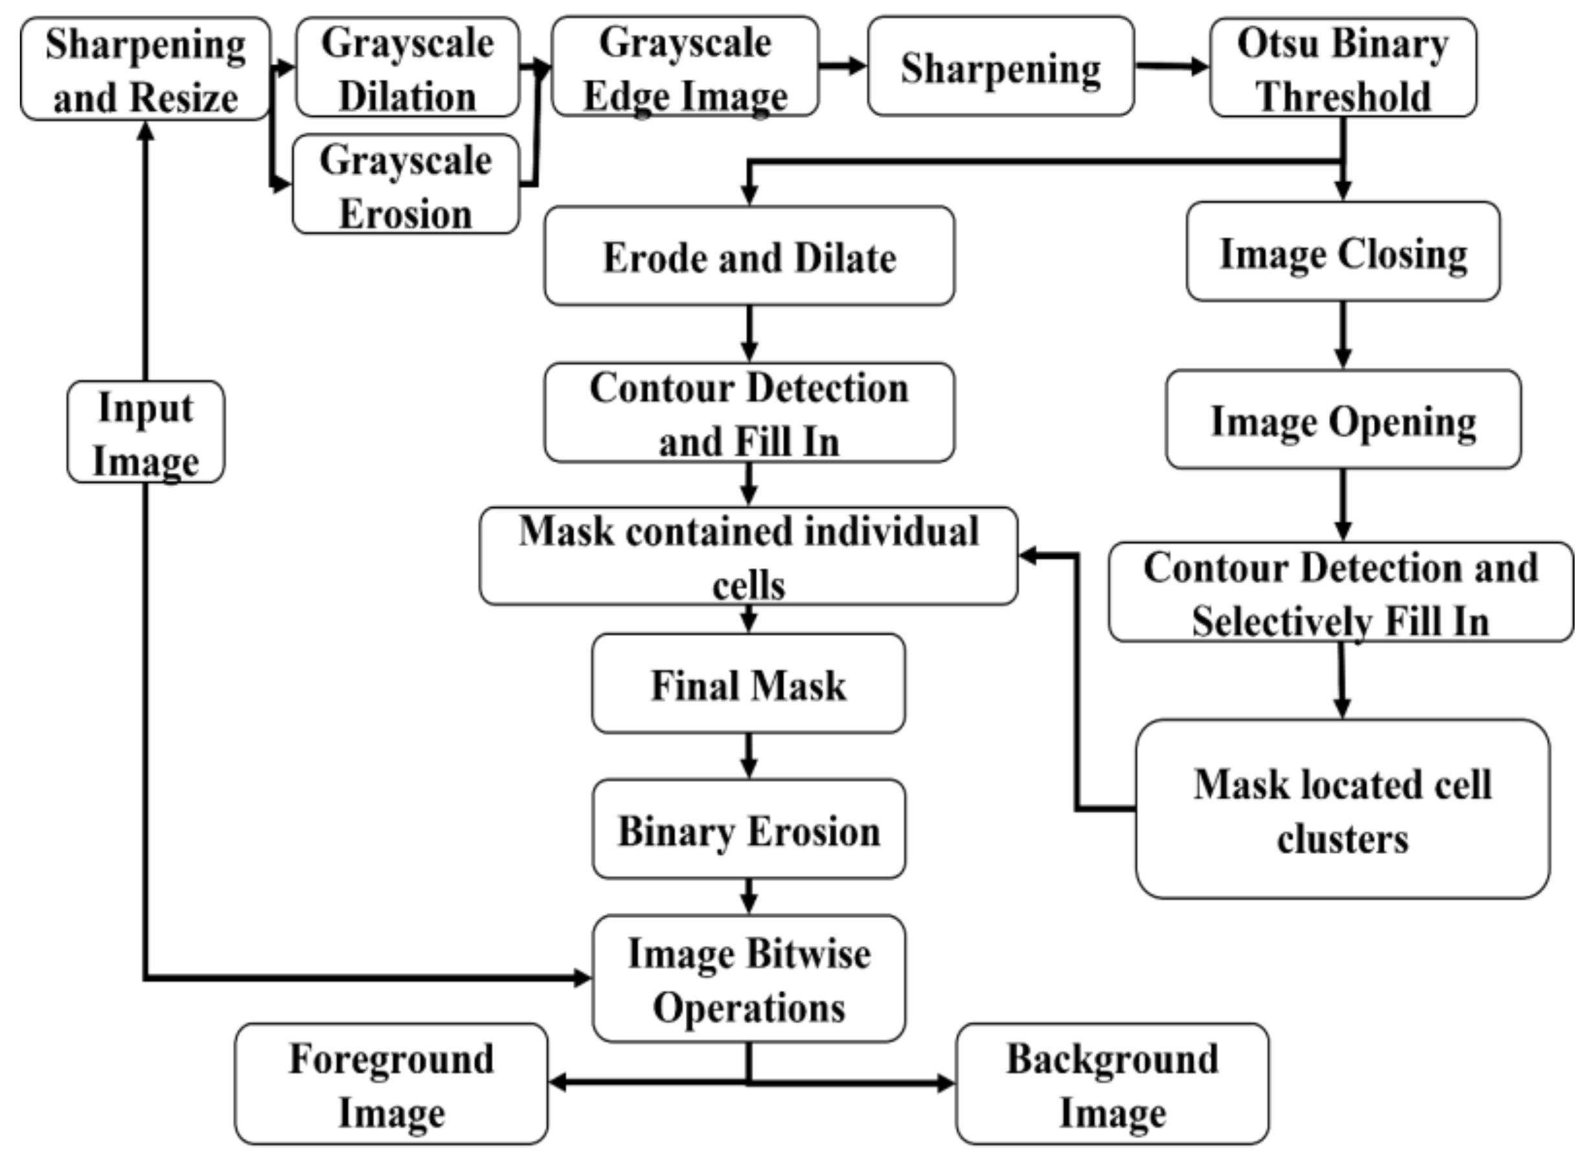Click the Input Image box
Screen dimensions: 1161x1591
click(x=146, y=432)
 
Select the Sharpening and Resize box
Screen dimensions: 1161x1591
click(x=146, y=69)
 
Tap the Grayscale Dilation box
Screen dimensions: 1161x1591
click(x=407, y=67)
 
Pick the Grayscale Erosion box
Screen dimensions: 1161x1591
click(x=406, y=184)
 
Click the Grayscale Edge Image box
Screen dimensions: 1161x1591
click(x=685, y=67)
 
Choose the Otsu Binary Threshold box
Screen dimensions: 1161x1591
click(x=1342, y=67)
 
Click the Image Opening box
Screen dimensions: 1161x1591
click(x=1343, y=420)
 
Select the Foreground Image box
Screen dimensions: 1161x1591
click(x=391, y=1084)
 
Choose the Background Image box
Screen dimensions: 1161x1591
click(x=1112, y=1084)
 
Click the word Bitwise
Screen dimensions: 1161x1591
click(x=808, y=954)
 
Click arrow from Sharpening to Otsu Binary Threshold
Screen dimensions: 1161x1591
click(x=1171, y=67)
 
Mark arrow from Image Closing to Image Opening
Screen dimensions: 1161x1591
click(x=1343, y=334)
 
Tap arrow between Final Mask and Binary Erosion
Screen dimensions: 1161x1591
click(x=749, y=755)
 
